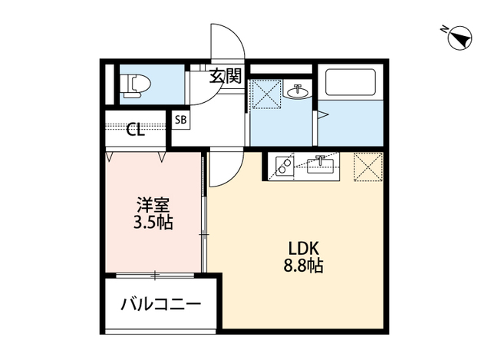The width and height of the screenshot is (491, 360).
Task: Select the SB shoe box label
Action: (x=181, y=120)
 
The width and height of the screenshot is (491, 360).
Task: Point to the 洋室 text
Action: (x=153, y=206)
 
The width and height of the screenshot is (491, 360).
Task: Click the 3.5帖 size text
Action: (x=153, y=223)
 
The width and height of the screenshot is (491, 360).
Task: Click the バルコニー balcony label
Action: (x=161, y=305)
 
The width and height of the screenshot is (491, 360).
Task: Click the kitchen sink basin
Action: (x=320, y=163)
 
